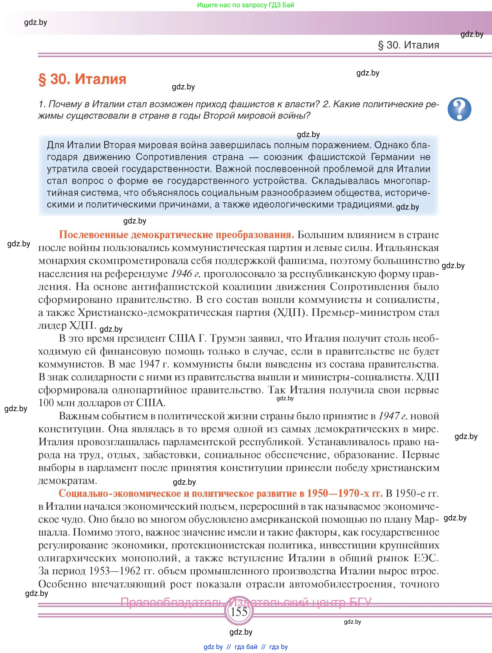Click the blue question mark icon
(459, 109)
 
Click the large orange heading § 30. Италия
(82, 79)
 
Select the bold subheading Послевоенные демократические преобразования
(176, 235)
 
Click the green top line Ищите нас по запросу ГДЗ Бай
(246, 5)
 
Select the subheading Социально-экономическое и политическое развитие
(220, 494)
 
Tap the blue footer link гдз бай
(246, 647)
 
